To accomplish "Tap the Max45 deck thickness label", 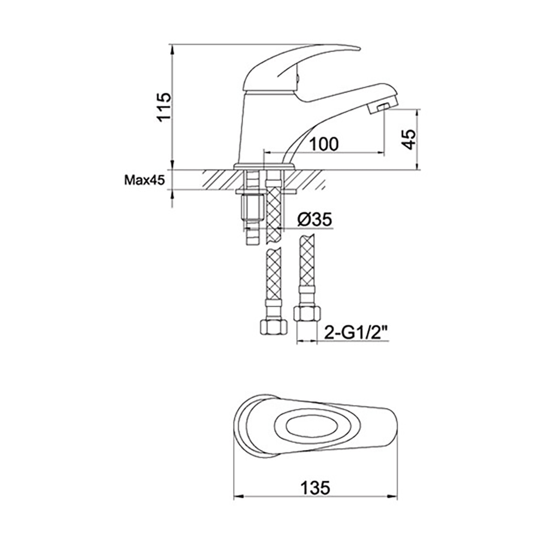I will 144,180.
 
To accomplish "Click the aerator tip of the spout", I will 381,105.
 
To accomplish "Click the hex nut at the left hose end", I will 272,327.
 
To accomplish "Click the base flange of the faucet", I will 264,165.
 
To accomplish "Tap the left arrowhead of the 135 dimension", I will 237,496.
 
